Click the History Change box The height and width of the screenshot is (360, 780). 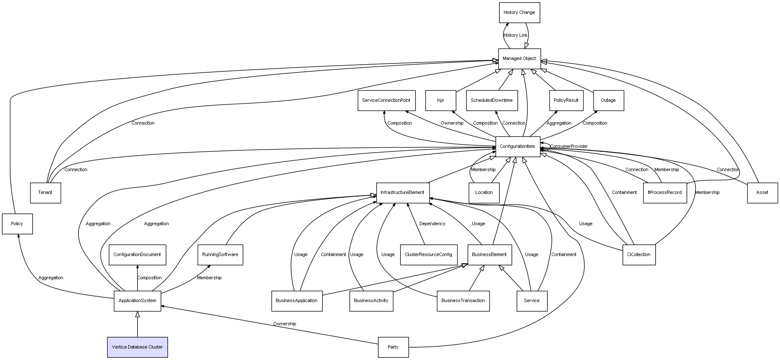519,13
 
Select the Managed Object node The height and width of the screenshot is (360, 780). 519,59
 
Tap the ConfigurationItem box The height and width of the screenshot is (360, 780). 518,147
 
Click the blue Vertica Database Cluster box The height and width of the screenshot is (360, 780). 137,347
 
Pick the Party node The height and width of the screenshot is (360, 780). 393,347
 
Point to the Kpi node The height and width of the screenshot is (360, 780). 441,101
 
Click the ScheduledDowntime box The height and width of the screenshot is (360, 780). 492,101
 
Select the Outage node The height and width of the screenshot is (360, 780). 608,101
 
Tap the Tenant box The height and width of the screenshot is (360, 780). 45,193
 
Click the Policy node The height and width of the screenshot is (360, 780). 17,224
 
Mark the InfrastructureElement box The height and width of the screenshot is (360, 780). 402,193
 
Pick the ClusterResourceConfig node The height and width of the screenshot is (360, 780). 428,255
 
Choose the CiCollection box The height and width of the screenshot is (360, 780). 639,255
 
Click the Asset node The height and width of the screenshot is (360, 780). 762,193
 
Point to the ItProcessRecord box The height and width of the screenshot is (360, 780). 665,193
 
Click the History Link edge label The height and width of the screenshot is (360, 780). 515,35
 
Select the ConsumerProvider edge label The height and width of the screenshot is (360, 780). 569,147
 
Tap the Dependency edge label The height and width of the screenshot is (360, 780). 432,224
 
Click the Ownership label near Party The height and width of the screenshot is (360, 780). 285,324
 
